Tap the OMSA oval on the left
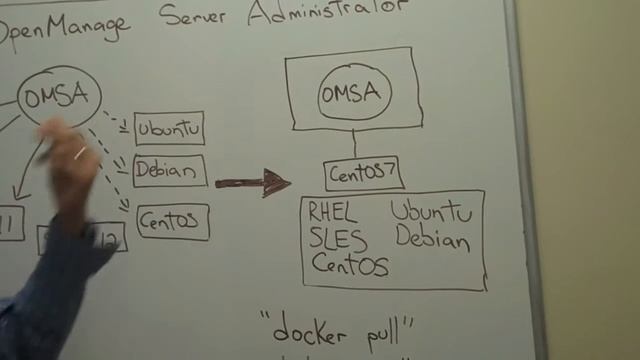57,97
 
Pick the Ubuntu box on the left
169,129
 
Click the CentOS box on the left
173,220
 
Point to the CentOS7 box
364,173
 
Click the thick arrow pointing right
251,182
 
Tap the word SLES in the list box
338,239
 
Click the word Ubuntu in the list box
431,212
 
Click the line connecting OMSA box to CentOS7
354,143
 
